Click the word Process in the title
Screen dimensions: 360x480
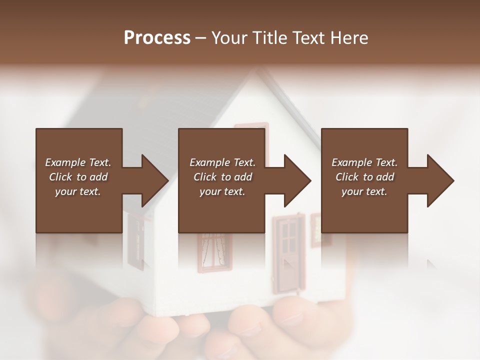pos(157,38)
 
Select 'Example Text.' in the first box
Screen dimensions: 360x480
pos(78,162)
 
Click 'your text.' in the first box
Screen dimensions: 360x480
pos(78,191)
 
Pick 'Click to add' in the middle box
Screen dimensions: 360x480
pos(222,177)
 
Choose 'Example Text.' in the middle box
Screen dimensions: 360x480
pos(222,162)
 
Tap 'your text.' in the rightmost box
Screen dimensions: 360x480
pos(364,191)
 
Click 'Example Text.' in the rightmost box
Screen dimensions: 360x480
pos(364,162)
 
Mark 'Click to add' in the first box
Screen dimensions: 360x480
pos(78,177)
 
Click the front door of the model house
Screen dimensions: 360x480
pos(289,255)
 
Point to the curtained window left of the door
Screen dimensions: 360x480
pos(215,252)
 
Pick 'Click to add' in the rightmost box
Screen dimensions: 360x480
pos(364,177)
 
